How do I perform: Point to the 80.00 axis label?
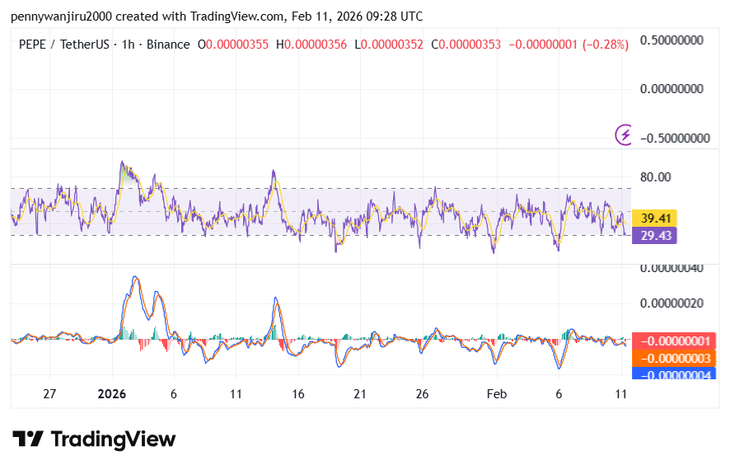[x=657, y=176]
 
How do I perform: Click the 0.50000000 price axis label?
[x=675, y=40]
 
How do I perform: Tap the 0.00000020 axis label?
[x=675, y=303]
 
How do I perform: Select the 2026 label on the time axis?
[x=111, y=394]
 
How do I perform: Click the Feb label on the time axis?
[x=497, y=394]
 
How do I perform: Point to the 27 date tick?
[x=49, y=394]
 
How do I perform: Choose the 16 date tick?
[x=297, y=394]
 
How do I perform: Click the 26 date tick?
[x=422, y=394]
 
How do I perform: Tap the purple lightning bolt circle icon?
[x=625, y=134]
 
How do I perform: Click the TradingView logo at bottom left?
[x=94, y=439]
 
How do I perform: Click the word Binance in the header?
[x=168, y=45]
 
